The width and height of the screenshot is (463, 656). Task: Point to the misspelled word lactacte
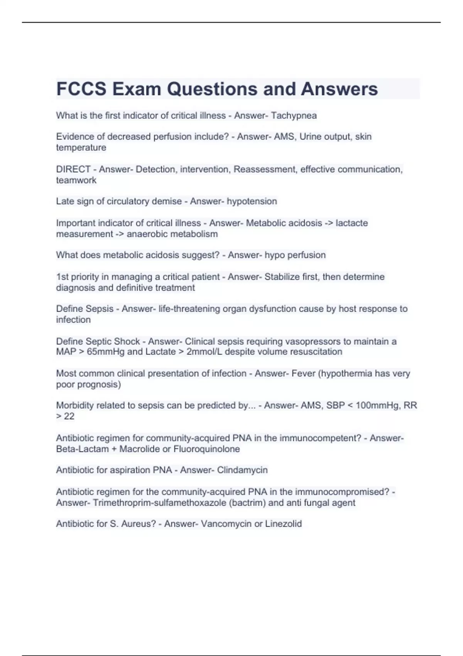tap(351, 223)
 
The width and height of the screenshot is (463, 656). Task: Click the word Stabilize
tap(282, 277)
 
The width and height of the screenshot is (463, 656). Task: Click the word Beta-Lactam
tap(82, 449)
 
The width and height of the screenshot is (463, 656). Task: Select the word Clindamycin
tap(242, 470)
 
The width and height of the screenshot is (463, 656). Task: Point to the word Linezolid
tap(283, 524)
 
